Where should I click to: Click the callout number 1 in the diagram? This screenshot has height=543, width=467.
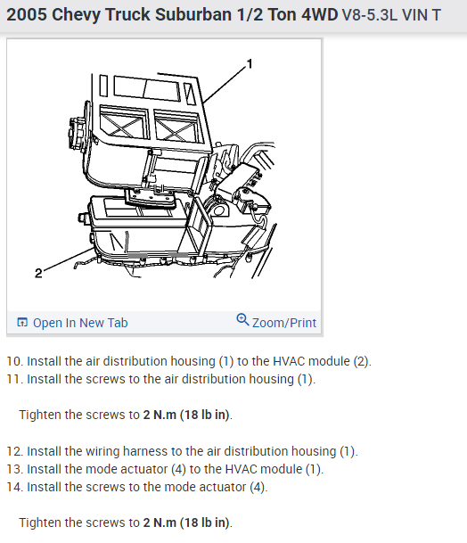[x=250, y=64]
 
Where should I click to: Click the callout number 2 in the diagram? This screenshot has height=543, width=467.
[x=38, y=273]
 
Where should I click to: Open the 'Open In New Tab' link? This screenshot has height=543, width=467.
[x=80, y=323]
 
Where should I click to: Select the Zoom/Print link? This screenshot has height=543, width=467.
[x=284, y=323]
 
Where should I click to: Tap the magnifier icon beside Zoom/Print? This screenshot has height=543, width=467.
[x=242, y=319]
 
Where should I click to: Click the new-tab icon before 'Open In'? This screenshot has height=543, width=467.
[x=22, y=322]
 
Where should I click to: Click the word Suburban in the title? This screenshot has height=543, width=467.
[x=193, y=15]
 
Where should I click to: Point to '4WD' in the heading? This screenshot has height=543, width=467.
[x=319, y=15]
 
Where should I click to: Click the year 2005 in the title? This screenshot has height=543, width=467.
[x=27, y=15]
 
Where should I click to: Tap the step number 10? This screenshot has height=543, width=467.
[x=14, y=361]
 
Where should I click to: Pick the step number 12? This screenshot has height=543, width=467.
[x=14, y=451]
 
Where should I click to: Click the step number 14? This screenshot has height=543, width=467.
[x=14, y=487]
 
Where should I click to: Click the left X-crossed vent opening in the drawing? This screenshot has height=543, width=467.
[x=124, y=124]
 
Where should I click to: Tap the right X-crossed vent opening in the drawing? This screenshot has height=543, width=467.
[x=177, y=128]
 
